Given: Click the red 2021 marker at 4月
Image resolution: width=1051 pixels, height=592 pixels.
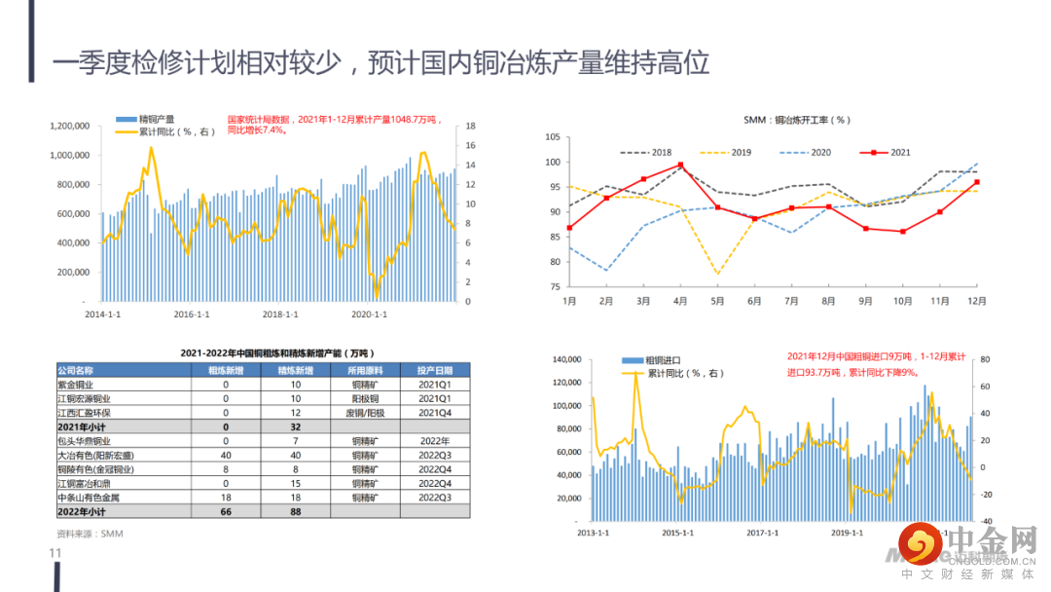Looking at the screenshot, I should pos(680,165).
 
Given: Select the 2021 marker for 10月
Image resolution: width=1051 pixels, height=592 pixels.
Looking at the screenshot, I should pos(903,232).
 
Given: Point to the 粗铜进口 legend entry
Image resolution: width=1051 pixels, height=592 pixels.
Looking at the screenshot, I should pos(663,360).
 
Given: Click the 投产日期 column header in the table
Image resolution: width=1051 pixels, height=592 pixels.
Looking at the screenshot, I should pos(435,370).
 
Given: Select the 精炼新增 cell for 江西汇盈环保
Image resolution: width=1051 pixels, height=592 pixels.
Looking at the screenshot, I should pos(295,412).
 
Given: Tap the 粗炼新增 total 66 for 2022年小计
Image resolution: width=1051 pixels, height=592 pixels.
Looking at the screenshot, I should pos(226,510).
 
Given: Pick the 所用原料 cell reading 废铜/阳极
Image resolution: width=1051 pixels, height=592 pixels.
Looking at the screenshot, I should pos(364,412).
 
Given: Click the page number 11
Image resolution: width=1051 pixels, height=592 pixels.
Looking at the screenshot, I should pos(55,553).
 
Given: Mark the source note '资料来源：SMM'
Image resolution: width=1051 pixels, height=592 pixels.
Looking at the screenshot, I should pos(90,534).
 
